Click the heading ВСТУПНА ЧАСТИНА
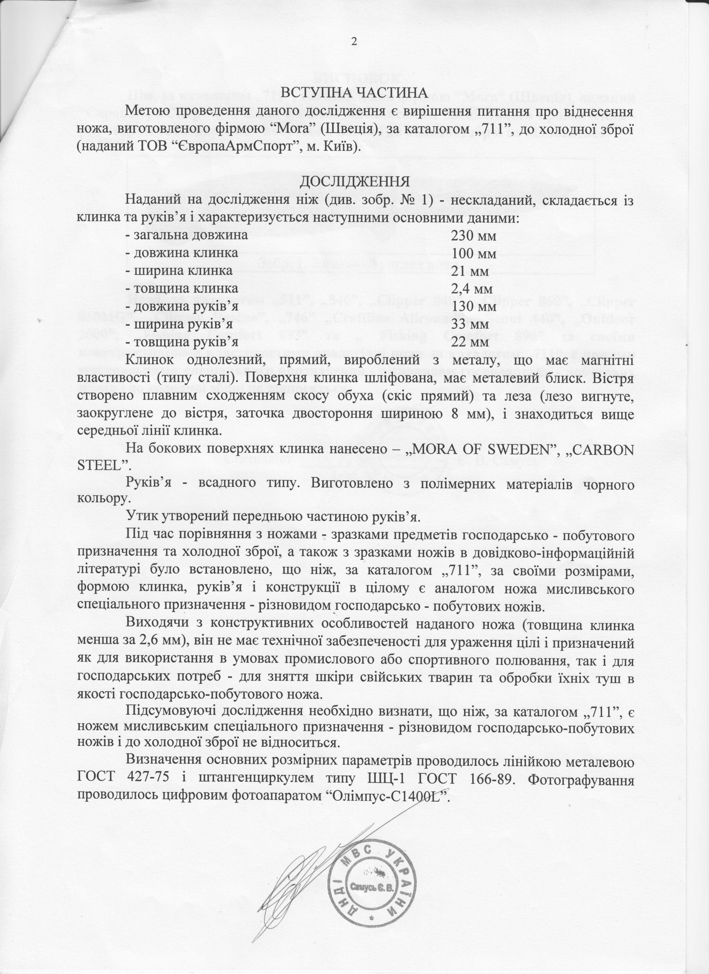tap(354, 93)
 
